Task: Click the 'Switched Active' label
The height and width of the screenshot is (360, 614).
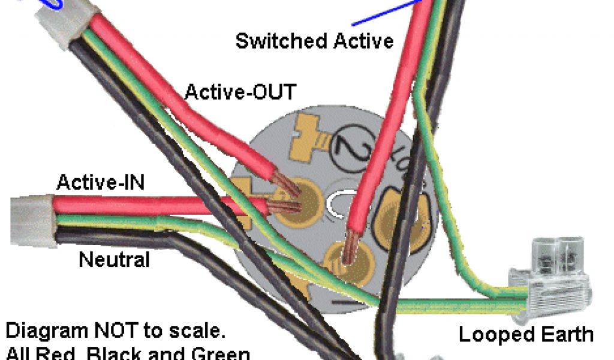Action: [314, 41]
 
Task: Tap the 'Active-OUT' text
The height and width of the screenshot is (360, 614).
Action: [240, 92]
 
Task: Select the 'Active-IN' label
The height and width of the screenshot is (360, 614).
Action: [100, 182]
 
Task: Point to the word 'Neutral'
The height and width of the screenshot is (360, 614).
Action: [114, 260]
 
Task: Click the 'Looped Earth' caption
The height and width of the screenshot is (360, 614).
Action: [526, 334]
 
